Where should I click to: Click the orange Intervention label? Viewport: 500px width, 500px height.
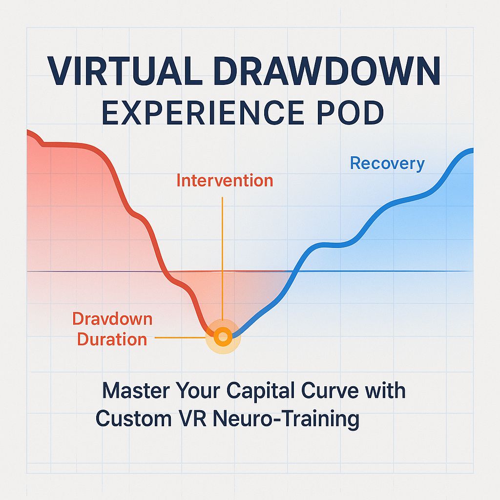(225, 181)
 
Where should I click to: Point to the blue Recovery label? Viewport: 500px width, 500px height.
(387, 164)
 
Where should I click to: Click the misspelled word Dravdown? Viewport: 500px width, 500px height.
(112, 319)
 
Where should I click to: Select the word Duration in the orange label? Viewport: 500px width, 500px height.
(112, 339)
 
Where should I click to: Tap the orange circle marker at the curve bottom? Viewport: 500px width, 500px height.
(223, 336)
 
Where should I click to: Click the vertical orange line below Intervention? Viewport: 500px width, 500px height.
(222, 254)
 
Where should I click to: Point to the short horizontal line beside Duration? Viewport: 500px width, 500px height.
(178, 337)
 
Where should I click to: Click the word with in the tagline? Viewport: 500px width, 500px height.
(388, 392)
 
